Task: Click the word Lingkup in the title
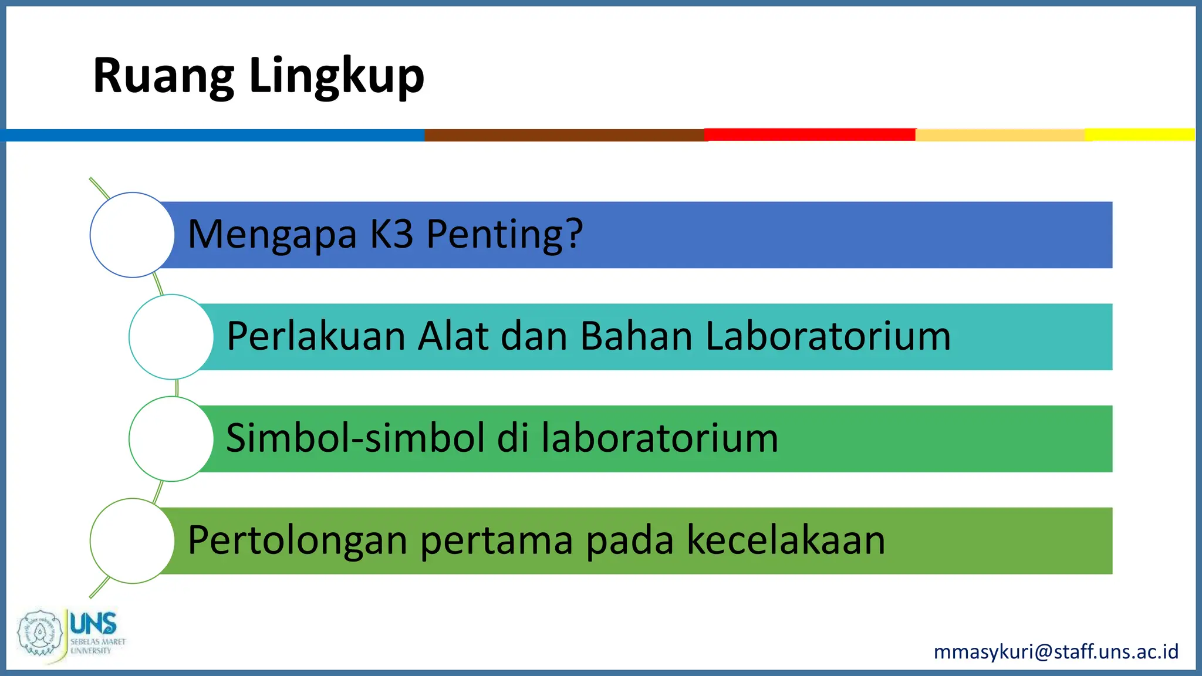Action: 336,76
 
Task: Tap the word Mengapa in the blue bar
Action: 272,235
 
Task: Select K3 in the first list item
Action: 391,234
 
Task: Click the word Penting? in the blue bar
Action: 504,235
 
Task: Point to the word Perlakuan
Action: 316,336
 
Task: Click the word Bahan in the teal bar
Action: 636,336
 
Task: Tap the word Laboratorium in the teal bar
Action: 828,336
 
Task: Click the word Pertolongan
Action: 298,540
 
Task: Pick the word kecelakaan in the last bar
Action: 785,540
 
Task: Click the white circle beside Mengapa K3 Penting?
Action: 132,235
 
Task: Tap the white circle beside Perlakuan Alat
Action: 171,337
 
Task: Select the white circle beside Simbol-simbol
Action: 171,439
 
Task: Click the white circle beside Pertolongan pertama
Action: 132,541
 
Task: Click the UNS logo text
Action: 93,623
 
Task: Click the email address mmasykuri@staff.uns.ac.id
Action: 1056,652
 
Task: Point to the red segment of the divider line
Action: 810,134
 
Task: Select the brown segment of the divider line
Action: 564,135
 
